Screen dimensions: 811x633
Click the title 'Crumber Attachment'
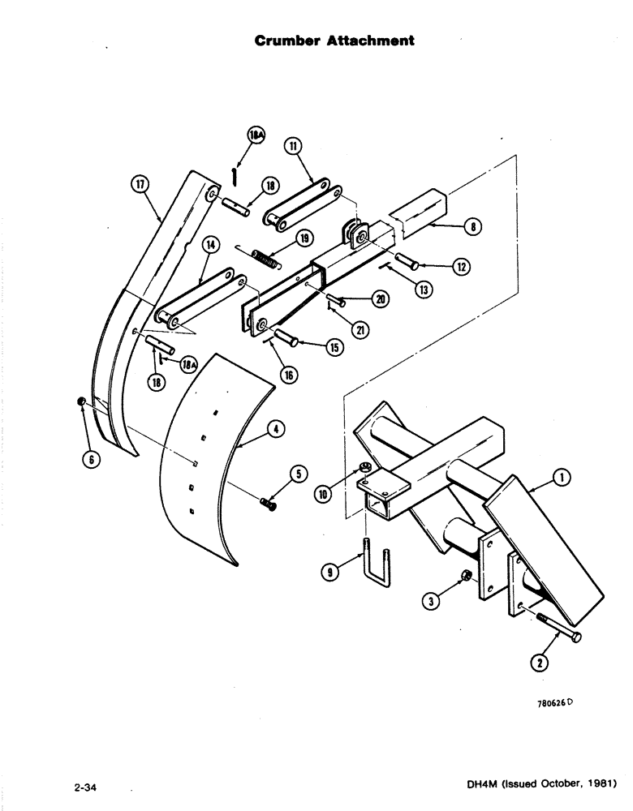coord(335,41)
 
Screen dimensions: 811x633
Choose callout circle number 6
coord(91,459)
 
